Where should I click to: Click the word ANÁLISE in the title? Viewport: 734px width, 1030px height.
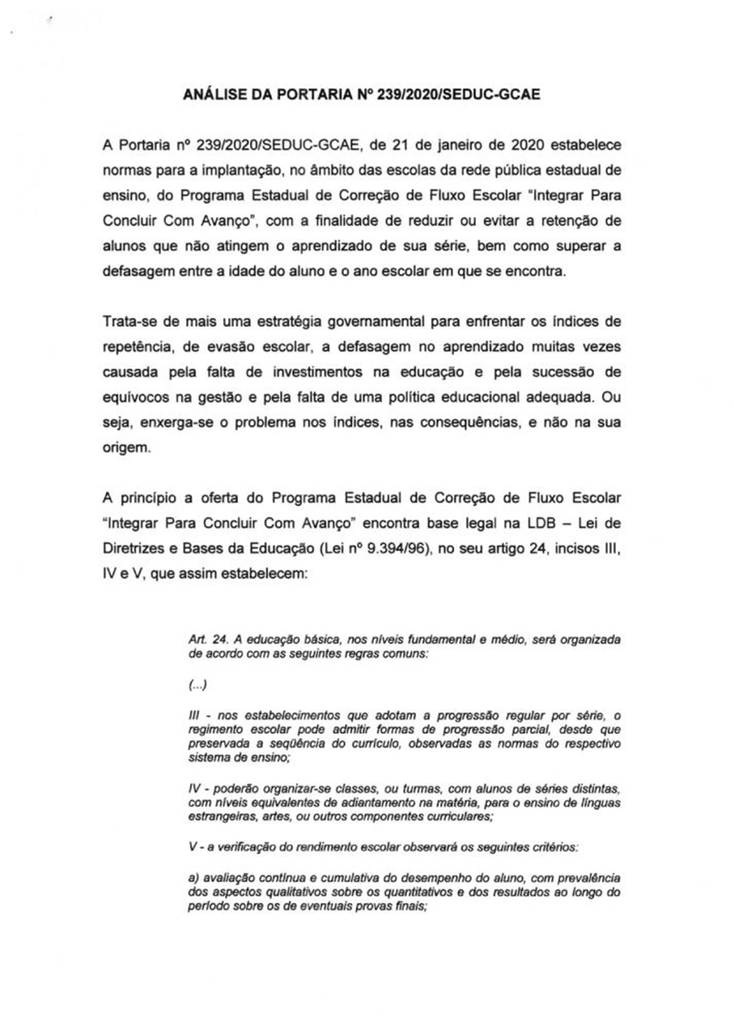220,96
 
